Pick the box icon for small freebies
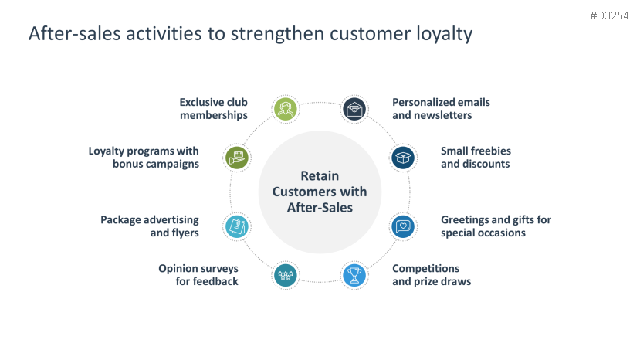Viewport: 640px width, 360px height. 403,158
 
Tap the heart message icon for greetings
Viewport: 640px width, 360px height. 403,226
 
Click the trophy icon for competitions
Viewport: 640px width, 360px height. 354,274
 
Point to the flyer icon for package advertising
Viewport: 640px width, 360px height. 236,226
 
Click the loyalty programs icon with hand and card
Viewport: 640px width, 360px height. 236,158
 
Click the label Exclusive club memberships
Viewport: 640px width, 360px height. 213,108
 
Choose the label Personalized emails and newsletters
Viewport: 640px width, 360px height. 441,108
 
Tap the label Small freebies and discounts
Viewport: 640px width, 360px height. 476,157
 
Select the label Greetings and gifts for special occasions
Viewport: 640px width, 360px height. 496,226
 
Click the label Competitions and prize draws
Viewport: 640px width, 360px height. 431,274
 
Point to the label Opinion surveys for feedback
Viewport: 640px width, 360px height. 198,274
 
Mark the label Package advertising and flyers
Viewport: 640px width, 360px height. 150,226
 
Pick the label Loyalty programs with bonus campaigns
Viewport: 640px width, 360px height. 144,157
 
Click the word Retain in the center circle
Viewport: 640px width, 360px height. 320,175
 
